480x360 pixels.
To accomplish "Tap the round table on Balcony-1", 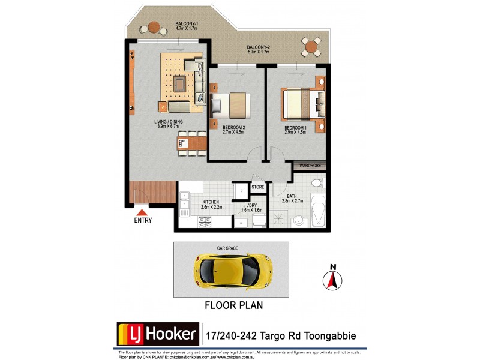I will pos(154,28).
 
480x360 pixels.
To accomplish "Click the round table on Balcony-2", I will pos(311,46).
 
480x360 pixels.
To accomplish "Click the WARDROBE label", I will pos(310,166).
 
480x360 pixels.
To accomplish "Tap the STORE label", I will pos(257,188).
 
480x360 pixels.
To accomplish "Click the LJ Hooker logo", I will pos(157,334).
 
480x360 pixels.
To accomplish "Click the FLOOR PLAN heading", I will pos(234,305).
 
